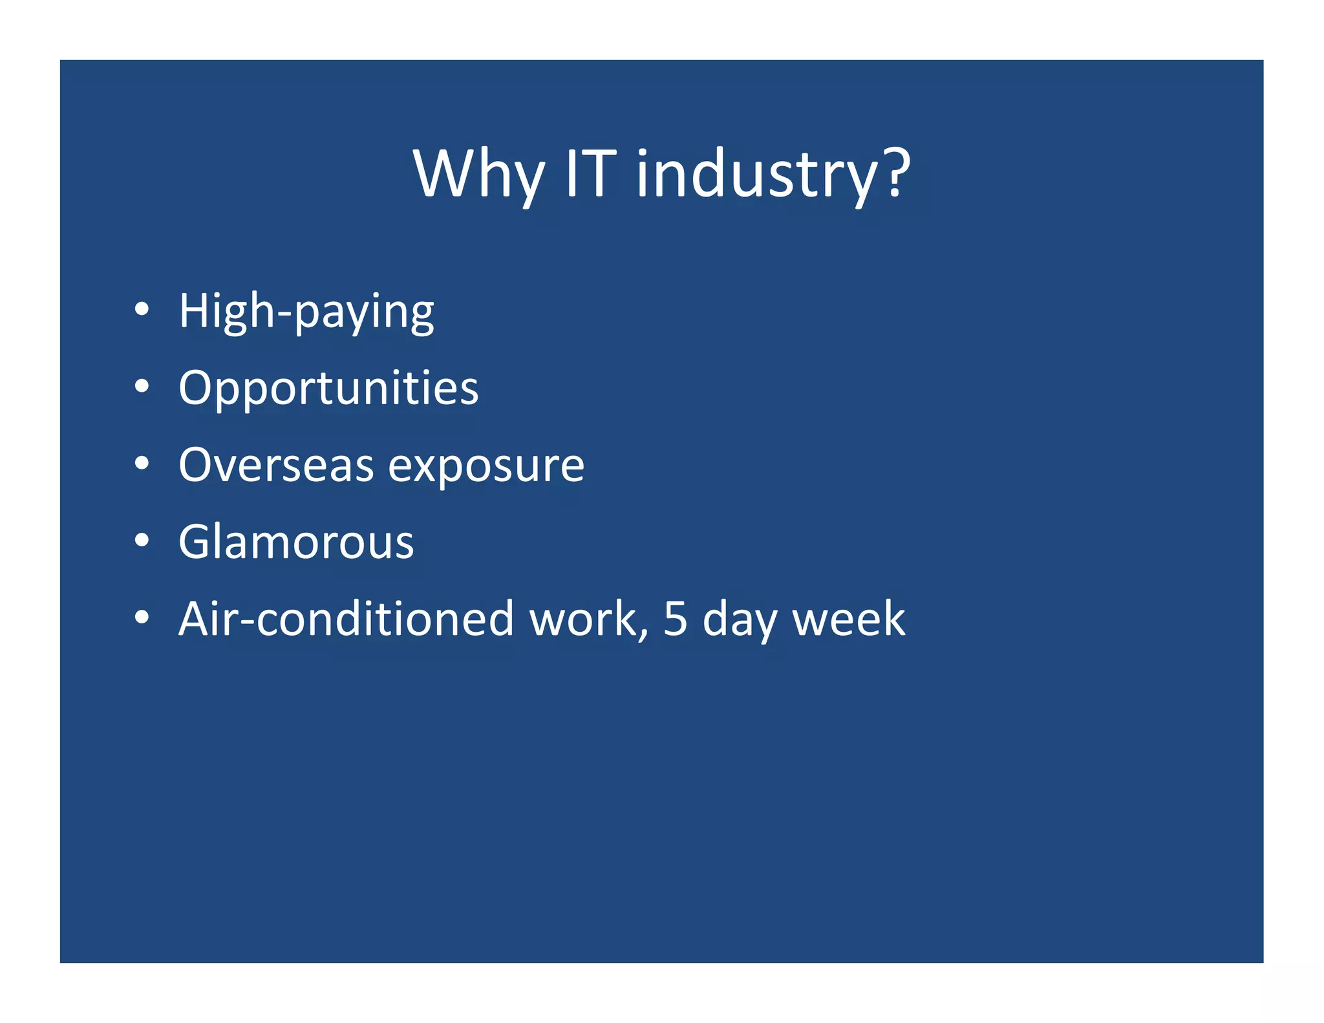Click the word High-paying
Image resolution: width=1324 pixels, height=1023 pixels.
tap(306, 312)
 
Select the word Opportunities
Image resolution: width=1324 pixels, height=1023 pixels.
tap(328, 389)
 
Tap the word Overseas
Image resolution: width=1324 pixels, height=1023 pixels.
tap(276, 465)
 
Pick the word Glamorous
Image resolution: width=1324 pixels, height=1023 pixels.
tap(295, 542)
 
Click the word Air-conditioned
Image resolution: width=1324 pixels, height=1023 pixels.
tap(346, 619)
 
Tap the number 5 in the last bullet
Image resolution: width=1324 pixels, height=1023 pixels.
tap(675, 619)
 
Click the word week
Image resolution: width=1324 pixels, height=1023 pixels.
tap(848, 619)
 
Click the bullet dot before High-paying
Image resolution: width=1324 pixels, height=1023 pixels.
tap(142, 310)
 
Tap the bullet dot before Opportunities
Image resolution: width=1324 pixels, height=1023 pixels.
tap(142, 387)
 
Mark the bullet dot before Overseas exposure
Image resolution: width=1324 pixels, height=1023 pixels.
tap(142, 464)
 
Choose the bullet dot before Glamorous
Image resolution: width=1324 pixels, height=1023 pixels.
tap(142, 541)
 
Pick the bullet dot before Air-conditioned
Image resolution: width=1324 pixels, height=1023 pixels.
tap(142, 618)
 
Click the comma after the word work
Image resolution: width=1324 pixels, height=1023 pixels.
tap(644, 634)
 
